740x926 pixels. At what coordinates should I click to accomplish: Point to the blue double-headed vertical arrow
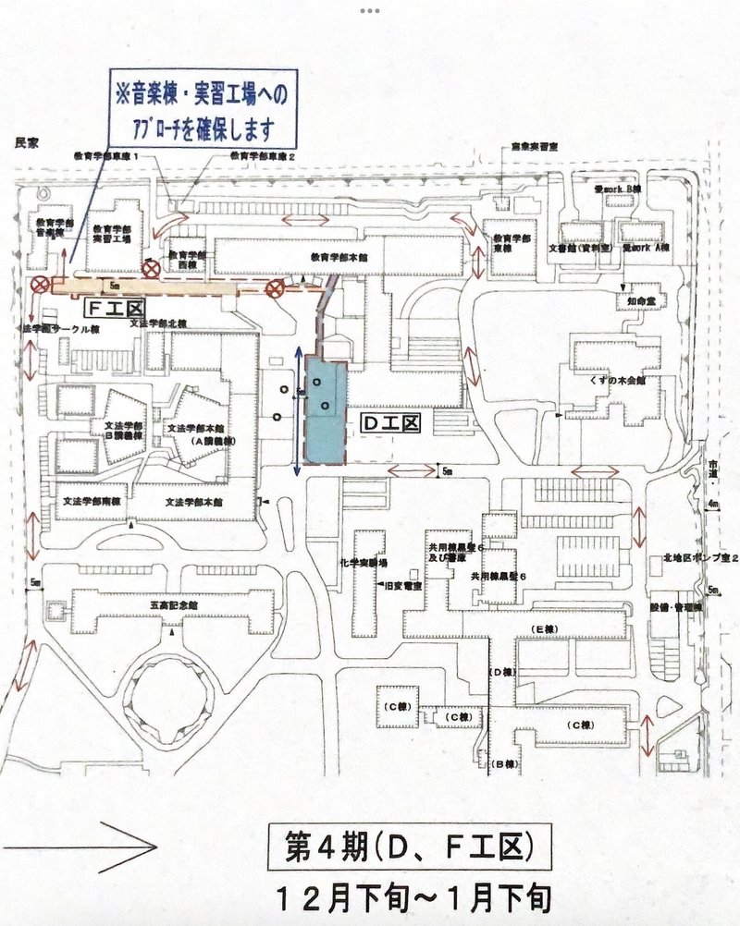[298, 411]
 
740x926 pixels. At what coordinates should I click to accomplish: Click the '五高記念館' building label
[172, 604]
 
